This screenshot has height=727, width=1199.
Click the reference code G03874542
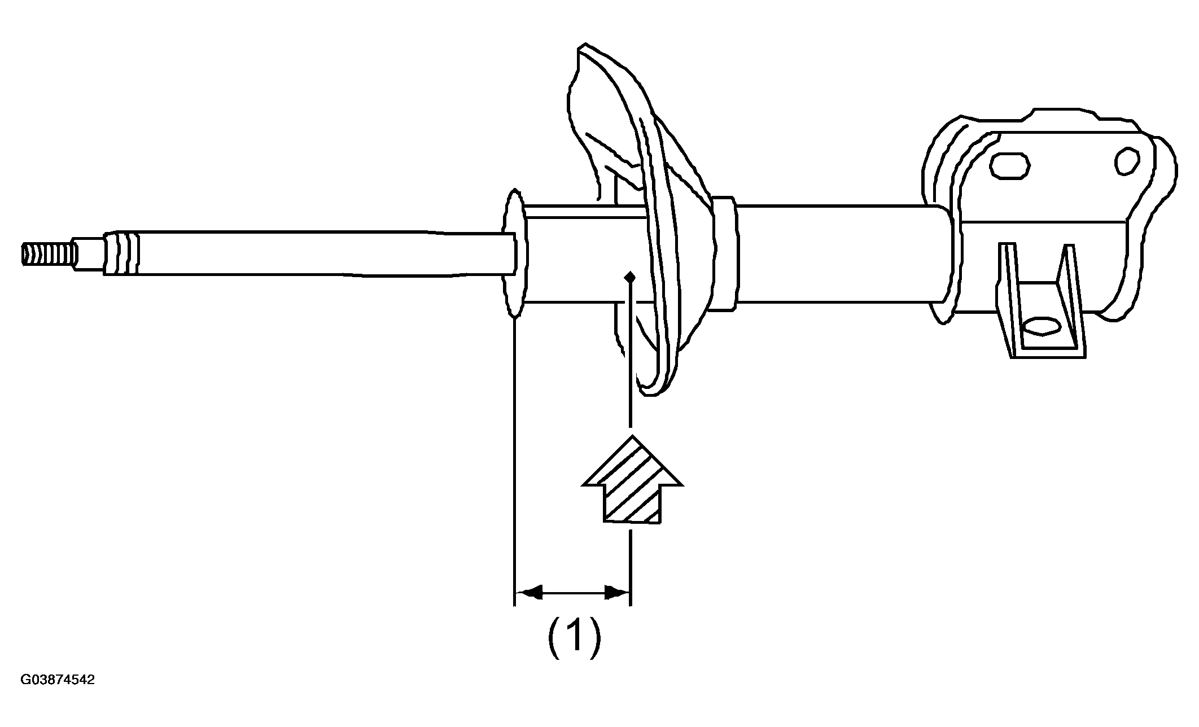click(58, 680)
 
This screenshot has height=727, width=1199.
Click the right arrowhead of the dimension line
click(616, 593)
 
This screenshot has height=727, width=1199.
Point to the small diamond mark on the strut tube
click(631, 277)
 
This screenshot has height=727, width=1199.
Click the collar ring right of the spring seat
click(725, 253)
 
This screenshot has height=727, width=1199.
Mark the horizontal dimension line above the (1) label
click(573, 593)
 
